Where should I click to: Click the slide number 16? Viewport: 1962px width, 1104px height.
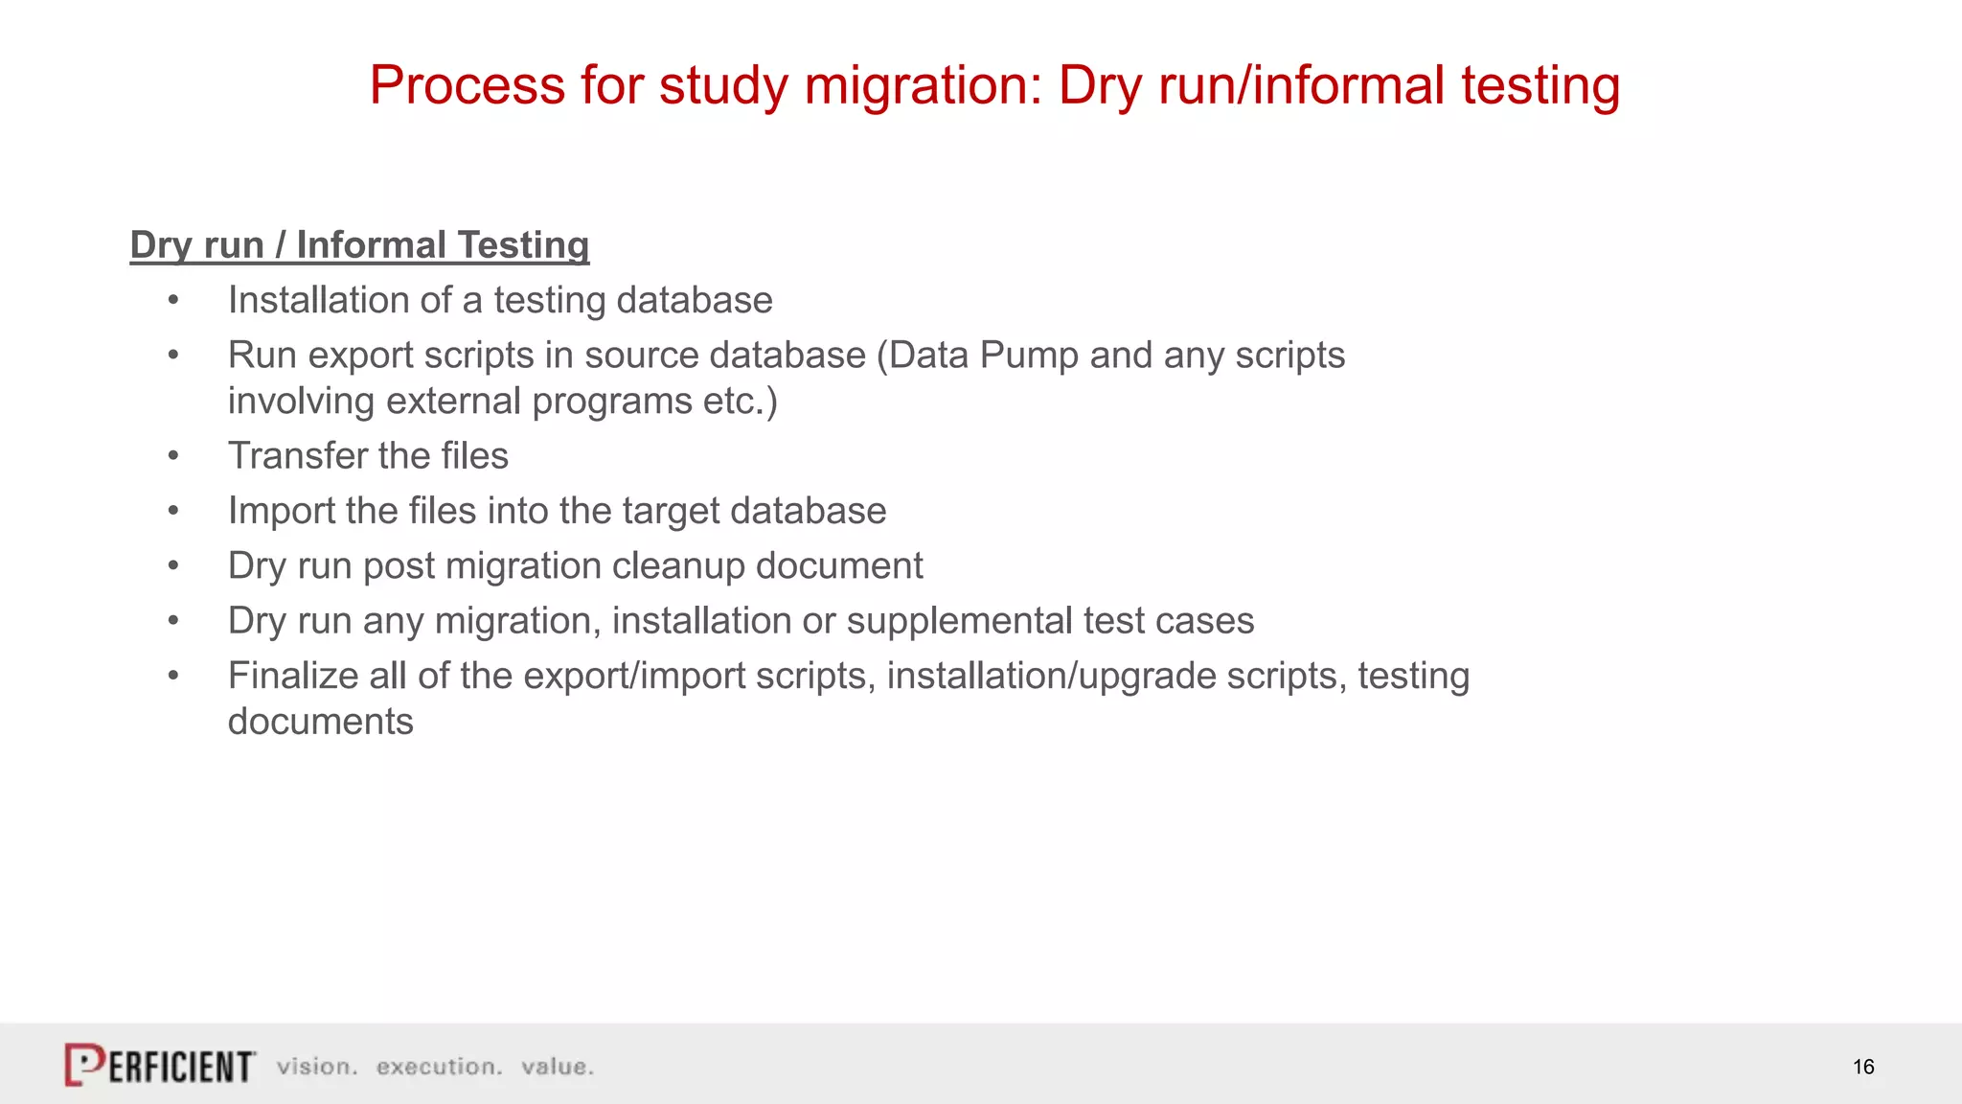(1862, 1067)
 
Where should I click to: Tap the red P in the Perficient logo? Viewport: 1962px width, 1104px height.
(84, 1064)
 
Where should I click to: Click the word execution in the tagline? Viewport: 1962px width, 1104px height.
(439, 1067)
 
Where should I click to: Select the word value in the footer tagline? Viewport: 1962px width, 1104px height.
(557, 1067)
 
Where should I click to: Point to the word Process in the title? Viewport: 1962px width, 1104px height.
(468, 85)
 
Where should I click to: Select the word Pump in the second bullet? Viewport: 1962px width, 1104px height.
(1029, 356)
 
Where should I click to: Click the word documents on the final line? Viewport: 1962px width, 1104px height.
(320, 722)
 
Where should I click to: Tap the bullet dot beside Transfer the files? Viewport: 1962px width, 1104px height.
(173, 456)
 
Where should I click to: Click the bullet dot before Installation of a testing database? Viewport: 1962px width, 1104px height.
(173, 301)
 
